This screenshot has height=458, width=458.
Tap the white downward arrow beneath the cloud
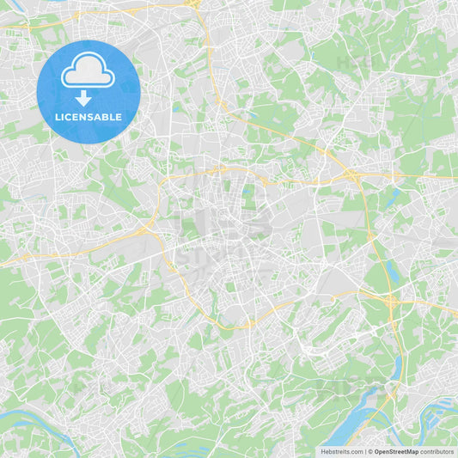coord(83,98)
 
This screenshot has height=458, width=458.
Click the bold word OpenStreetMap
coord(396,451)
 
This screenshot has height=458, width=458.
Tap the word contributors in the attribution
coord(437,451)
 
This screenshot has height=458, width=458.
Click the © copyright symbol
coord(369,451)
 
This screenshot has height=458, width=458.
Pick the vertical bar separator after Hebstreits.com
coord(364,451)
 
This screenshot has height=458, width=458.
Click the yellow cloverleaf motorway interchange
coord(392,301)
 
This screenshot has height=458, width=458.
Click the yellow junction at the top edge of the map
coord(195,4)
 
